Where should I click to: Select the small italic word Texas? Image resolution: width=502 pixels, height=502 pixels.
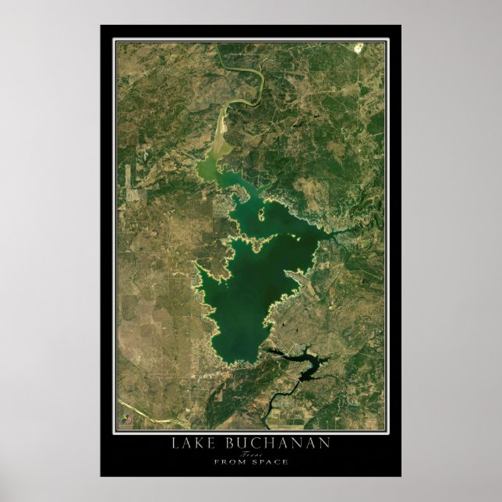pos(250,453)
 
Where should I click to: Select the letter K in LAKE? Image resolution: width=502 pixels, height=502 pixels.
pos(202,443)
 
